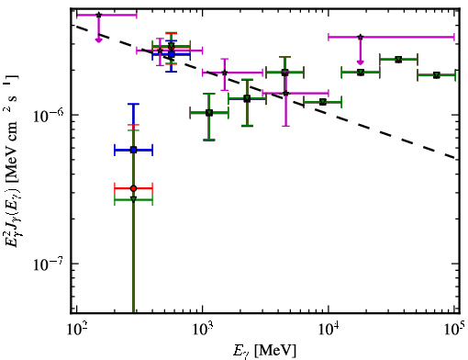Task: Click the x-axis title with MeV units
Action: click(x=264, y=351)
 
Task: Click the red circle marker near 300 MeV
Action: click(x=133, y=188)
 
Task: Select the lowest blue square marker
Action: click(x=133, y=150)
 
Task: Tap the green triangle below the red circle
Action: click(x=133, y=199)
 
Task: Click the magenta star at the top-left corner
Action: click(x=98, y=15)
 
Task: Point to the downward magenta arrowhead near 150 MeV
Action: click(x=98, y=39)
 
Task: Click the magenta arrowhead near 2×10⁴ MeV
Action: click(x=361, y=62)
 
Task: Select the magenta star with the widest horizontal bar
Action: click(x=361, y=37)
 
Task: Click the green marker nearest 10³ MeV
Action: click(x=209, y=113)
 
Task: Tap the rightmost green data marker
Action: click(x=437, y=75)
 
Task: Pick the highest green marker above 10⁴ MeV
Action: click(x=398, y=60)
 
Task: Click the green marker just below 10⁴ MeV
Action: click(x=323, y=102)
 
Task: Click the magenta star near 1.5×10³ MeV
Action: click(x=225, y=73)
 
